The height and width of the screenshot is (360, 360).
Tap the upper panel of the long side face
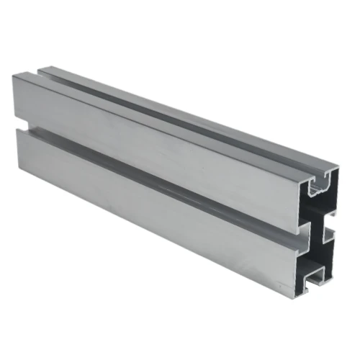click(x=158, y=144)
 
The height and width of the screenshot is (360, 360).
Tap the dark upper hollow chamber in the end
click(x=318, y=209)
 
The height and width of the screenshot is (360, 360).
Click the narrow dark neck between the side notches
click(x=318, y=232)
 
